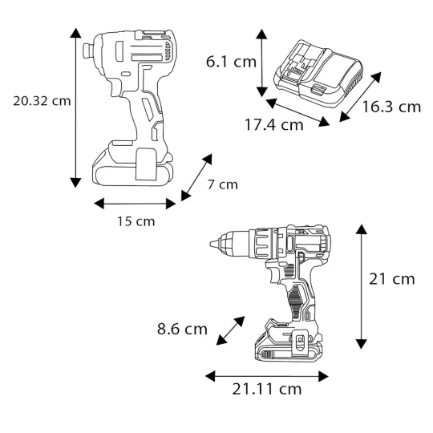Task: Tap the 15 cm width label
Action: click(x=135, y=221)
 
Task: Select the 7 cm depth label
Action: click(x=222, y=184)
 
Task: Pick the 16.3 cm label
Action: click(x=391, y=107)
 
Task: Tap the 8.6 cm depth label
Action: click(x=182, y=329)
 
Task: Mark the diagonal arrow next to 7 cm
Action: click(x=197, y=177)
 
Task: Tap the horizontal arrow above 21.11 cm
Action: click(x=266, y=374)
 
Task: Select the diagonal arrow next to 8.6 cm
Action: click(x=230, y=331)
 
